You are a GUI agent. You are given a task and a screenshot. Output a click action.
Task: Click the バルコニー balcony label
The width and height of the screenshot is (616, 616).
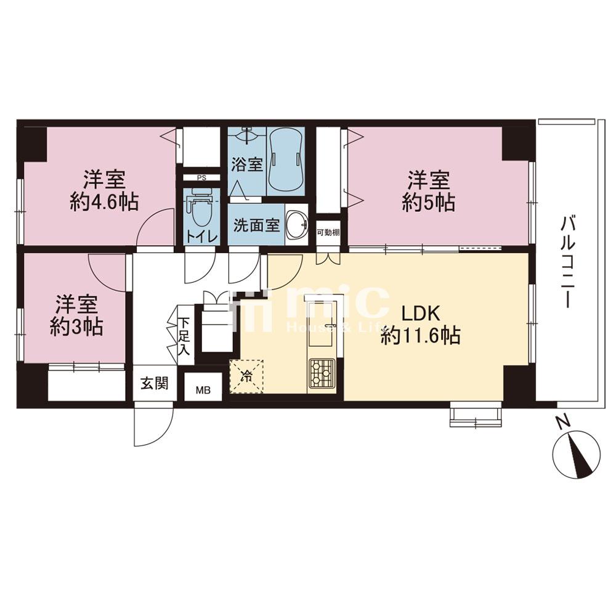568,261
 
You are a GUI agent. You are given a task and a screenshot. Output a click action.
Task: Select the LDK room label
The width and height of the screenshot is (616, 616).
420,315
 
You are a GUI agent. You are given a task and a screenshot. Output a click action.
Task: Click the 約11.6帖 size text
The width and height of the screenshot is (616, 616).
420,336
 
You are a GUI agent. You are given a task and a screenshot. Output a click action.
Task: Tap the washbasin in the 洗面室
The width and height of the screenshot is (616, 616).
297,224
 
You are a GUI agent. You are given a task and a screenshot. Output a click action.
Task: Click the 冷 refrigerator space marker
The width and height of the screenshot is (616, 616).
246,377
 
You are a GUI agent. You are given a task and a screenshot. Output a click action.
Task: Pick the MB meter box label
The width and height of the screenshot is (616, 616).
203,391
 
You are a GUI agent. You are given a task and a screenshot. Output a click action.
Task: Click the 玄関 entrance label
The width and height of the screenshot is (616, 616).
155,383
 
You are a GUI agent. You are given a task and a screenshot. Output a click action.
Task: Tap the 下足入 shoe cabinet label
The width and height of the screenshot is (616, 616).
184,336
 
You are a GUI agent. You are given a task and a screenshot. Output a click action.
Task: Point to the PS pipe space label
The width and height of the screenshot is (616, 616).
201,177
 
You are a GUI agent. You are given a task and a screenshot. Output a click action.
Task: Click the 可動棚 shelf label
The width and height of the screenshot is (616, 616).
328,233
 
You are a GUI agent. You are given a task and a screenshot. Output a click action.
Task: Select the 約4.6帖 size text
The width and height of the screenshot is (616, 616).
104,203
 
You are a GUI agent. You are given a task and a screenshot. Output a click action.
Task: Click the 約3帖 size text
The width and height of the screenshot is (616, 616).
76,327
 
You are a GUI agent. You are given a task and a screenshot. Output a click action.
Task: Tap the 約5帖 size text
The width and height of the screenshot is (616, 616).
429,202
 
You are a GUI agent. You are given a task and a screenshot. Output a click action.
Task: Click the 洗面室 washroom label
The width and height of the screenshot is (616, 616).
256,225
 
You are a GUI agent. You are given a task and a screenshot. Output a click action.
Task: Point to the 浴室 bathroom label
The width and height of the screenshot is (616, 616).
247,164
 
